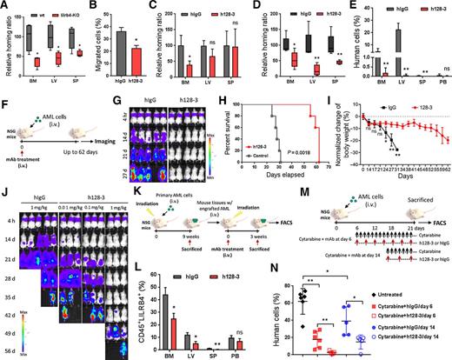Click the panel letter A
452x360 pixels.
pyautogui.click(x=4, y=6)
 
